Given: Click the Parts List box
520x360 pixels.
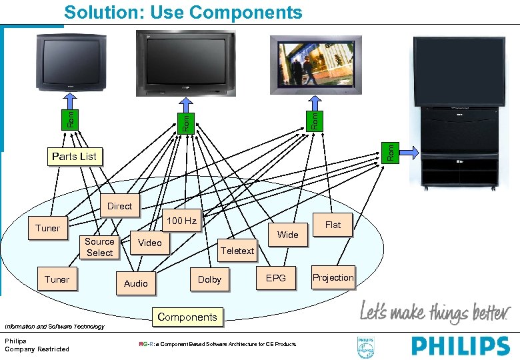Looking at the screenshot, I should point(73,157).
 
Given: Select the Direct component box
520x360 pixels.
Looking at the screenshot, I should point(119,206).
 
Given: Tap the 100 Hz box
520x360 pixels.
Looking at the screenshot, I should point(181,221).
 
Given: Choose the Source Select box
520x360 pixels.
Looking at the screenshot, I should point(99,247).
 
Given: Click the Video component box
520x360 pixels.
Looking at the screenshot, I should point(149,243).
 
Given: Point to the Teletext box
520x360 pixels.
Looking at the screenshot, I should point(237,251).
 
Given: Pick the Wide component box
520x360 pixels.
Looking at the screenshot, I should point(287,235).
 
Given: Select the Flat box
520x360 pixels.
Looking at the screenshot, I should point(333,225).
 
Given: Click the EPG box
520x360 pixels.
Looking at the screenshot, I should point(275,278).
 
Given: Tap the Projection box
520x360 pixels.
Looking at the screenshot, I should point(333,277).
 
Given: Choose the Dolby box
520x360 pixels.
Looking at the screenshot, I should point(209,279).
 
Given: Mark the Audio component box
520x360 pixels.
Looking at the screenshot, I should point(136,283).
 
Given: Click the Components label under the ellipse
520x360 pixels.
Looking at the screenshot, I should point(187,317).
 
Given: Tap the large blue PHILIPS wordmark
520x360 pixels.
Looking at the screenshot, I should point(460,347).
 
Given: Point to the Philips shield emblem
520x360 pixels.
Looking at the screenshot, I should point(365,347).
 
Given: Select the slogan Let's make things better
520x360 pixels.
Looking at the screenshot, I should point(433,311).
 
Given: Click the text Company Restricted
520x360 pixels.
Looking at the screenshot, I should point(37,349).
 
